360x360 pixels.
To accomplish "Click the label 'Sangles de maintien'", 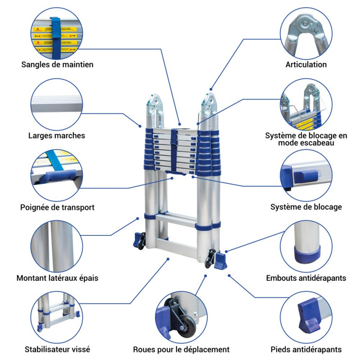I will (x=57, y=64).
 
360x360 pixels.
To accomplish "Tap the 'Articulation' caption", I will (x=306, y=64).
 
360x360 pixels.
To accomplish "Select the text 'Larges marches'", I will (x=56, y=135).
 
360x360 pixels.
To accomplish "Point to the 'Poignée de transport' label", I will (x=57, y=207).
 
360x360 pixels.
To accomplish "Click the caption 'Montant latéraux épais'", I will (x=57, y=278).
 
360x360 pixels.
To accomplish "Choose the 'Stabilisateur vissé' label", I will (x=57, y=349).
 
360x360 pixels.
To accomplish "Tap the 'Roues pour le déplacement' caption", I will (x=181, y=349).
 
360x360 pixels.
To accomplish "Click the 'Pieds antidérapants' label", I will (x=306, y=349).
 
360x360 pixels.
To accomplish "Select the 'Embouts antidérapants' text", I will (x=306, y=278).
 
